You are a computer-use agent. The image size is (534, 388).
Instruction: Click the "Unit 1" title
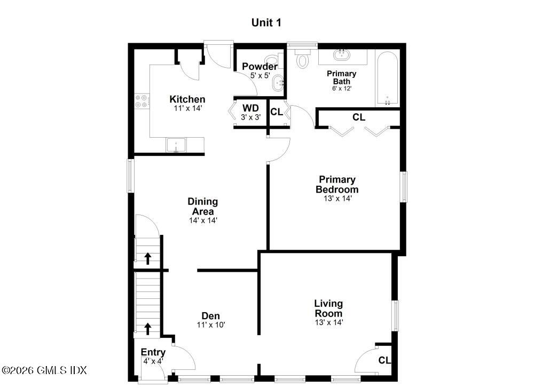click(x=266, y=22)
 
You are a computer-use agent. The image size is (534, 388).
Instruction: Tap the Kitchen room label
click(x=187, y=99)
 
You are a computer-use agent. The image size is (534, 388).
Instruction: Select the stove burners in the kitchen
click(x=142, y=101)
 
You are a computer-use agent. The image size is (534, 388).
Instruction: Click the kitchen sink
click(x=176, y=145)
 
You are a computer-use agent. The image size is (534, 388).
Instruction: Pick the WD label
click(x=250, y=108)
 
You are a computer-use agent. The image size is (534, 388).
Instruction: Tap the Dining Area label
click(x=202, y=206)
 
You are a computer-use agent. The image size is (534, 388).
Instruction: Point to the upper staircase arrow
click(x=147, y=258)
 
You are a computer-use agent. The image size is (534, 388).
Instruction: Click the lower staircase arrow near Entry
click(x=147, y=328)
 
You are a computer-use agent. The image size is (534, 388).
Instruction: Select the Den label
click(x=210, y=315)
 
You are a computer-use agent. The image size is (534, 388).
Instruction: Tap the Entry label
click(x=153, y=352)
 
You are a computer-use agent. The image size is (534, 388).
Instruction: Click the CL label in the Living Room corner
click(x=384, y=360)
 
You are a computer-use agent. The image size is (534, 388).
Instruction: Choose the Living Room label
click(x=328, y=308)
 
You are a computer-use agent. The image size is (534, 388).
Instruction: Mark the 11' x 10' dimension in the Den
click(x=210, y=324)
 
